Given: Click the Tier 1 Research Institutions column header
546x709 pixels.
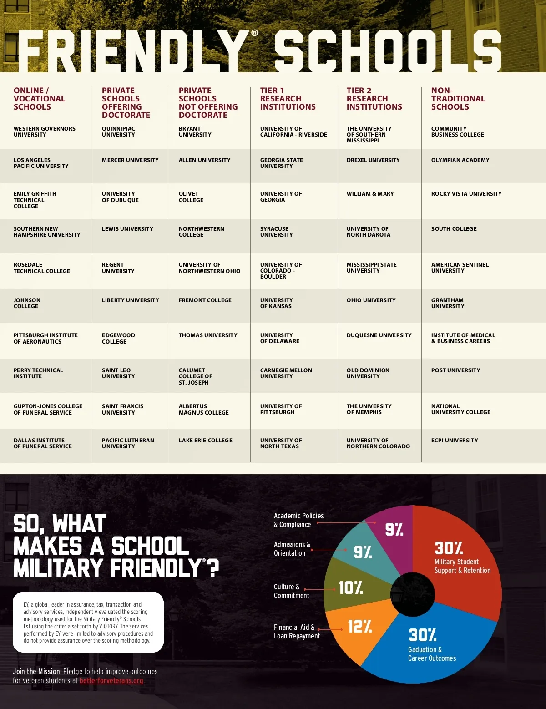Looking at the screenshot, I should coord(288,99).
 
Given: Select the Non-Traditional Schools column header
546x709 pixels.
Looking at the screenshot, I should coord(458,99).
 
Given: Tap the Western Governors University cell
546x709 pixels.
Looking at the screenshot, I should coord(45,132).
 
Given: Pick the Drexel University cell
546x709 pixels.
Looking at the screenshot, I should coord(373,160).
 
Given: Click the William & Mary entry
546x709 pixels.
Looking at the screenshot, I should coord(370,194).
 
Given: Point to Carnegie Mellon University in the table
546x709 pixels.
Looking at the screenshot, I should coord(286,373).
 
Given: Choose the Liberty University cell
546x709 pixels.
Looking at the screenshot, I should coord(131,300).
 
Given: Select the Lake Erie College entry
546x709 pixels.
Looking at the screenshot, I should coord(206,441).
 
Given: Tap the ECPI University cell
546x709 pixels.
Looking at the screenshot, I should coord(455,441).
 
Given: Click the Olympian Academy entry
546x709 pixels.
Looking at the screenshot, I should coord(460,160).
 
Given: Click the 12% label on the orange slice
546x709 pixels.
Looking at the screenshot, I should coord(359,627).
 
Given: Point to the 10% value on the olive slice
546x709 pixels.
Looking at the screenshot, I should coord(350,588).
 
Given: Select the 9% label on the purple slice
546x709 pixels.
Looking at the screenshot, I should coord(394,529).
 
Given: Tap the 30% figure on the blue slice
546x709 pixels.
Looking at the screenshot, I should coord(422,635).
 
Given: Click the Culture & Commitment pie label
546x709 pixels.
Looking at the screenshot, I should coord(291,591).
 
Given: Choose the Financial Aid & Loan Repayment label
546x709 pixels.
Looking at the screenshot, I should coord(297,632).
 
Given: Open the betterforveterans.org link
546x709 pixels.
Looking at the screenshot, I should coord(111,681).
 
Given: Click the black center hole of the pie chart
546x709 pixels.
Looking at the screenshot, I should coord(412,594).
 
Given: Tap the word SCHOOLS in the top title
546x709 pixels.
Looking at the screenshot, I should coord(388,51).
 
